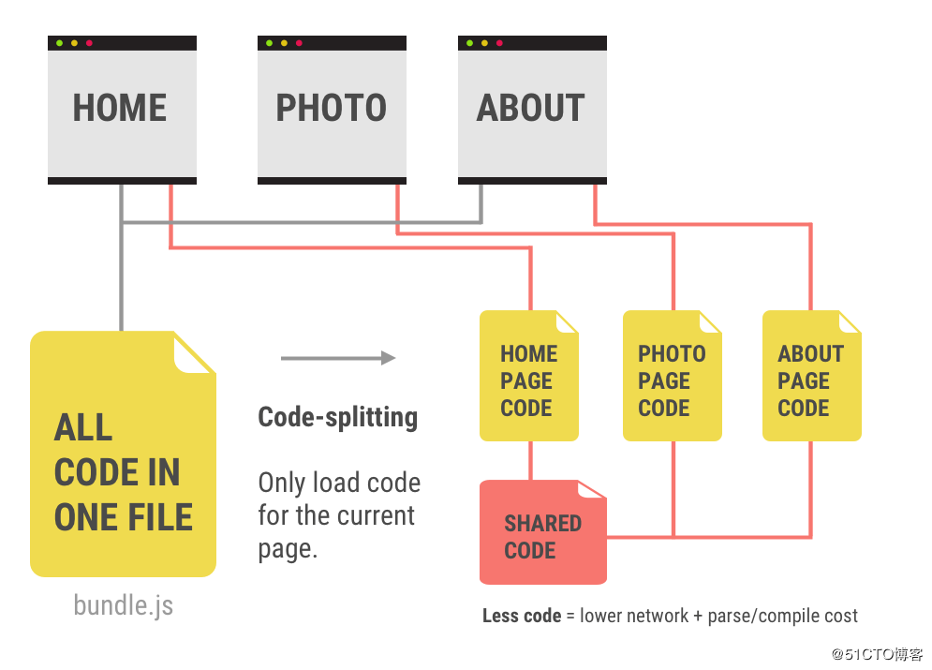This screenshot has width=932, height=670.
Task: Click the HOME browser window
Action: tap(122, 109)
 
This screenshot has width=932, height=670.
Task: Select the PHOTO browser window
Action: tap(332, 109)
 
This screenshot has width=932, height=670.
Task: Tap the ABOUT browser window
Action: tap(532, 109)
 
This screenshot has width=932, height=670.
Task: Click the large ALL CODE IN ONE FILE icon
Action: tap(123, 454)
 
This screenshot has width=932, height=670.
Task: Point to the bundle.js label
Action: tap(123, 604)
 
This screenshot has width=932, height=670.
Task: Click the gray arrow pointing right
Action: tap(338, 358)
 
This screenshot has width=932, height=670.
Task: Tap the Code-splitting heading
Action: tap(338, 417)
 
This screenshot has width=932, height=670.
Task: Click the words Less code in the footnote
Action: tap(520, 616)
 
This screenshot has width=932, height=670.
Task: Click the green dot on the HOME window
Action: tap(59, 43)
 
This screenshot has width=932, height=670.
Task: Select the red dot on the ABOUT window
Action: tap(499, 43)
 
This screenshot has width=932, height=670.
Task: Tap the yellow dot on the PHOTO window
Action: tap(284, 43)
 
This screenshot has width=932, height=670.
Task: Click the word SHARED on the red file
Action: tap(543, 523)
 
